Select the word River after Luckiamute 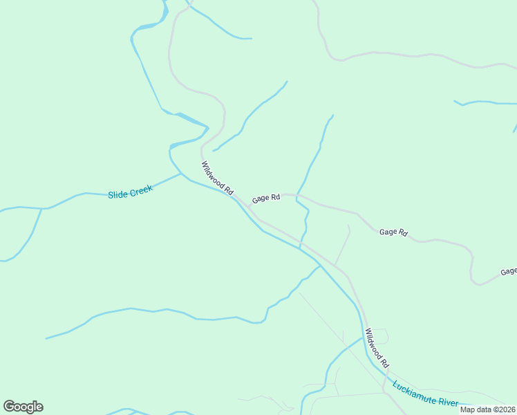point(449,402)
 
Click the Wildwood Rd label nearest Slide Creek point(218,177)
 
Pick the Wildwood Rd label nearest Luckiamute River point(378,348)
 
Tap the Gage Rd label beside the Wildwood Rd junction point(266,199)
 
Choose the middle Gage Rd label point(393,232)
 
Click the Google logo point(23,407)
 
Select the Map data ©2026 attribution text point(487,409)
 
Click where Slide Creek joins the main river point(182,174)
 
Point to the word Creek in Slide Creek point(140,189)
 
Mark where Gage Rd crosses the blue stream point(297,196)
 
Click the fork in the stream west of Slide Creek point(42,208)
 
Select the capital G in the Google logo point(9,406)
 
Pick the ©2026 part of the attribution point(502,409)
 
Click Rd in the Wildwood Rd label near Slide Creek point(229,188)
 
